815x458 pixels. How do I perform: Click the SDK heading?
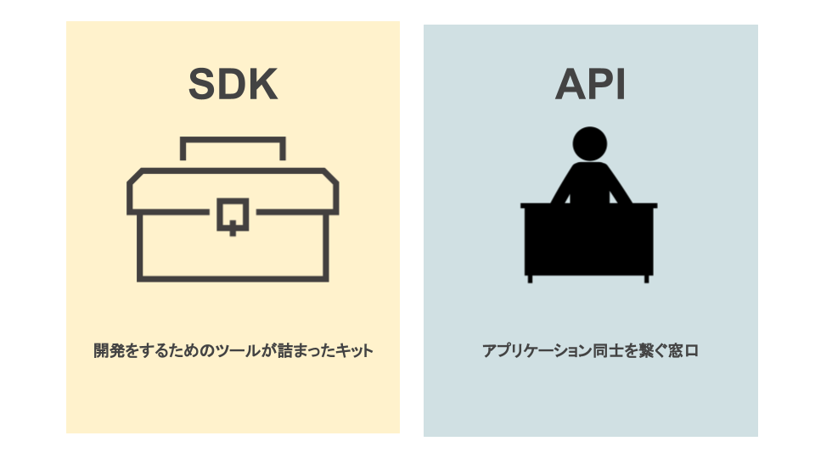(x=233, y=84)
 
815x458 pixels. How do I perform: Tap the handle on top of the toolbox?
(x=233, y=141)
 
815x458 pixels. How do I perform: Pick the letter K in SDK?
(x=261, y=84)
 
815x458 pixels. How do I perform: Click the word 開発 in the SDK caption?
(x=108, y=350)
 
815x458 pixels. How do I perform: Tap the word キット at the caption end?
(x=354, y=350)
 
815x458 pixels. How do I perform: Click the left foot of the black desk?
(x=530, y=277)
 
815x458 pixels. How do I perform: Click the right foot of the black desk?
(x=647, y=277)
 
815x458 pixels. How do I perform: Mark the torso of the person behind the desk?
(x=589, y=182)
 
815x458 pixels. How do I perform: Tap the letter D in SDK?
(x=233, y=84)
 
